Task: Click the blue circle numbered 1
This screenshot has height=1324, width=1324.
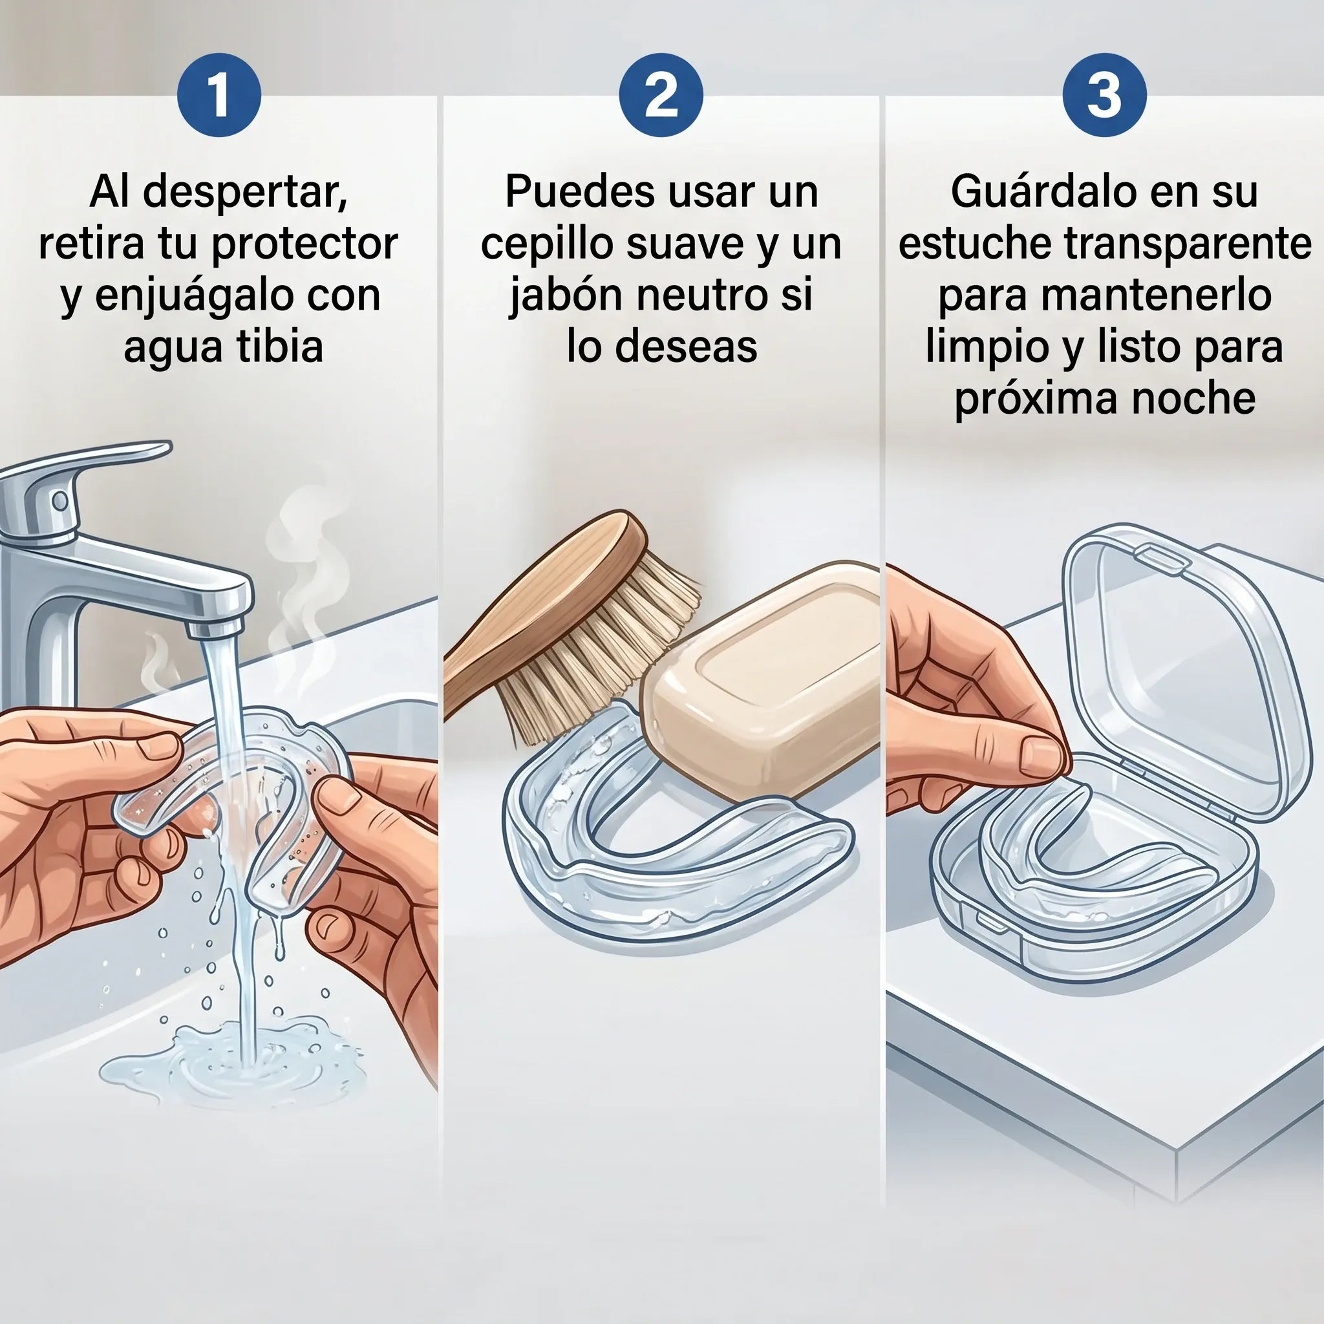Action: (x=219, y=94)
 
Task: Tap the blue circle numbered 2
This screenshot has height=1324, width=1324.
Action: (x=661, y=94)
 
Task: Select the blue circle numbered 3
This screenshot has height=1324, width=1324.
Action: (x=1104, y=94)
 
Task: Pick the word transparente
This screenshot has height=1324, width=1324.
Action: (x=1187, y=244)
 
